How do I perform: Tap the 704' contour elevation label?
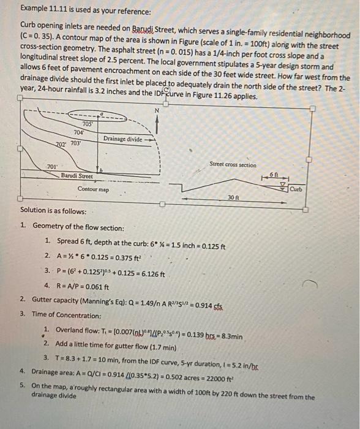tap(78, 132)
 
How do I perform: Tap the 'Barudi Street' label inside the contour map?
tap(77, 177)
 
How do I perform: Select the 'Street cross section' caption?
tap(233, 164)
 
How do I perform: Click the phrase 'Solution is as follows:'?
tap(54, 210)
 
